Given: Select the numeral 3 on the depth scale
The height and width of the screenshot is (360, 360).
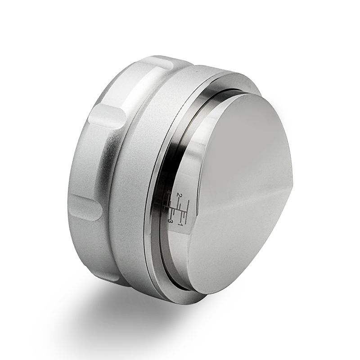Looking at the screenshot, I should [x=171, y=221].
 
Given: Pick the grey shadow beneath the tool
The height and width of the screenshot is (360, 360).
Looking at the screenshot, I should [x=112, y=310].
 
